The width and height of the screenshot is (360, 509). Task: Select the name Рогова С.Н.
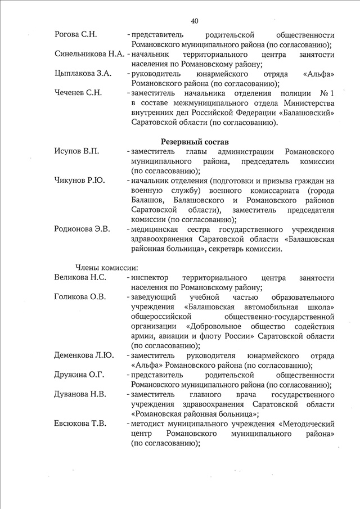click(76, 34)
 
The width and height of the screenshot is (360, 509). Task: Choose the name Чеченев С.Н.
click(78, 93)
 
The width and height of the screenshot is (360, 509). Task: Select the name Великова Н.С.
click(80, 277)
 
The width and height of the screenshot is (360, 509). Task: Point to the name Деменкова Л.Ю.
click(84, 355)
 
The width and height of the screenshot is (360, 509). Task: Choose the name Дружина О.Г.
click(79, 375)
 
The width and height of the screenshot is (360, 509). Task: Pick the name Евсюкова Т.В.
click(80, 423)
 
